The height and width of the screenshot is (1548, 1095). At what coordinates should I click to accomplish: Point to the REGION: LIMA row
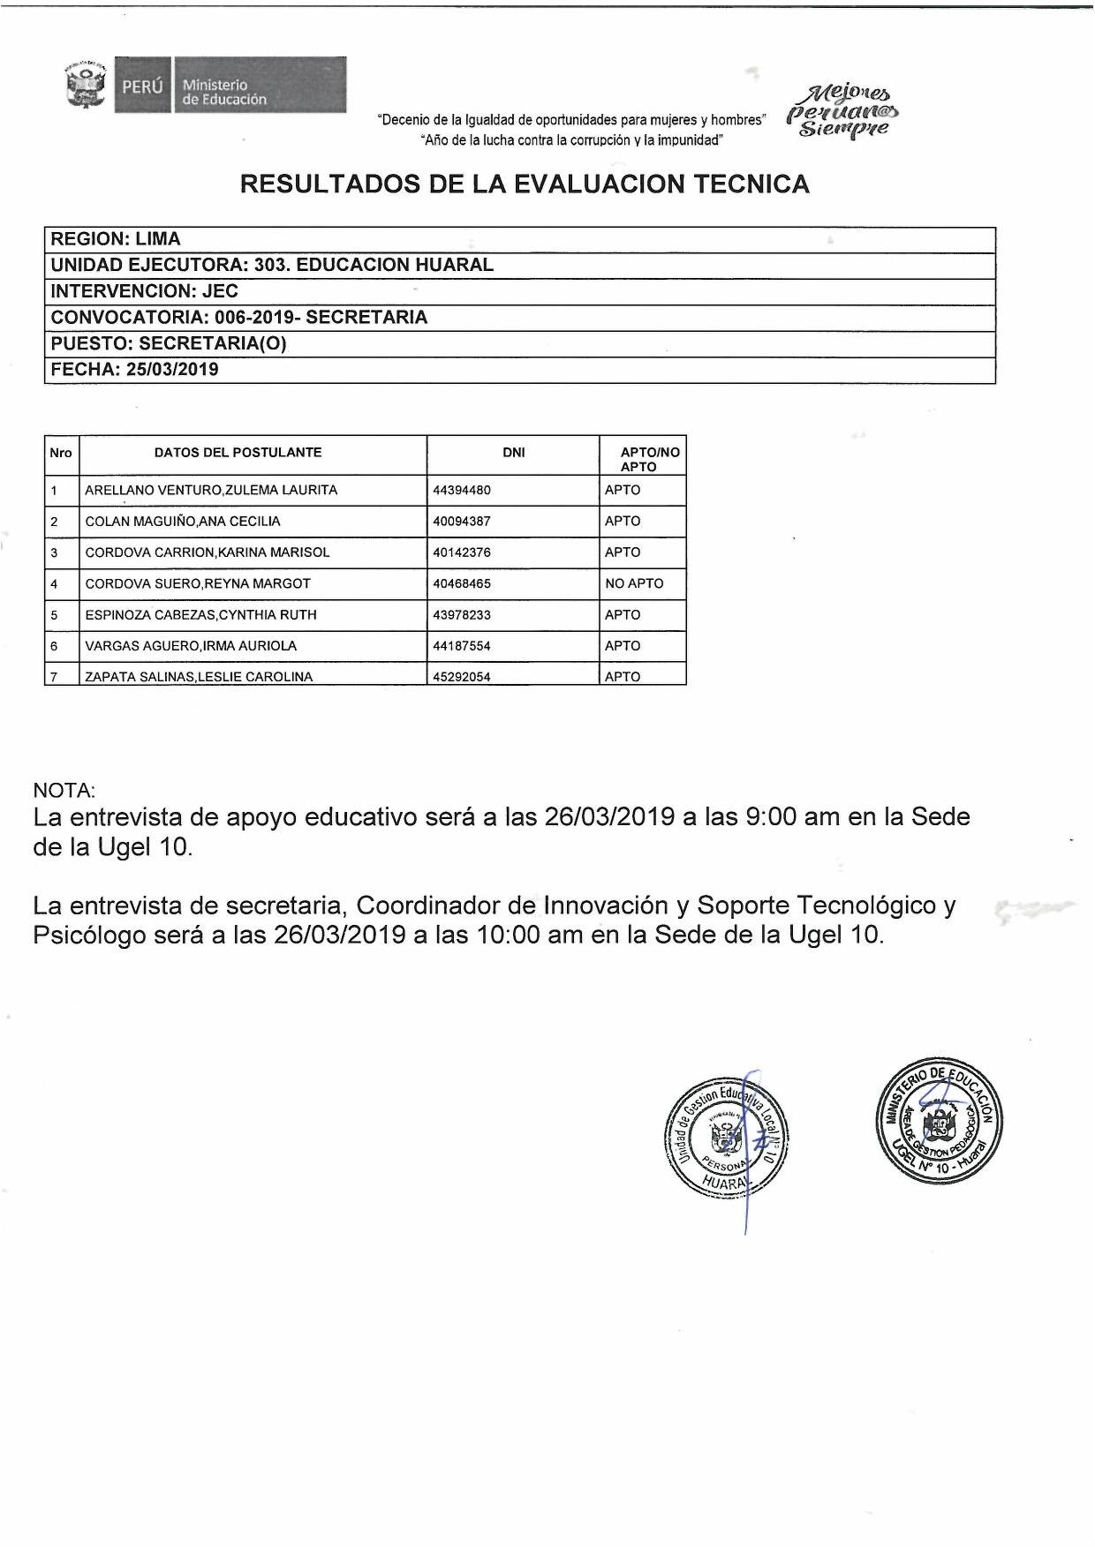click(116, 239)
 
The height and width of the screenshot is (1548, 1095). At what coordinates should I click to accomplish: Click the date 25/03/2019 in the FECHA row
click(172, 370)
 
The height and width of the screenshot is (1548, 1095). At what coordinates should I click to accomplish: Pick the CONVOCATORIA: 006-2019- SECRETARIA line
click(239, 318)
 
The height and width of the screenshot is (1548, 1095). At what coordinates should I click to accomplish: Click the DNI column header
click(513, 453)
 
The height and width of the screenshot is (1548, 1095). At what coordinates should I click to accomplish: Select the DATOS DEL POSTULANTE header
click(238, 453)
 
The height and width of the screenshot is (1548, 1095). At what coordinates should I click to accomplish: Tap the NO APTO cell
click(634, 583)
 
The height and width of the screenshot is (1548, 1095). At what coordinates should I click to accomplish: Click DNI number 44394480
click(462, 490)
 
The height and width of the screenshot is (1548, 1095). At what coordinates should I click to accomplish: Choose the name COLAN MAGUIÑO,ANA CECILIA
click(183, 522)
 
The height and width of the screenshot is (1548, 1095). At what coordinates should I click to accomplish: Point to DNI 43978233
click(462, 615)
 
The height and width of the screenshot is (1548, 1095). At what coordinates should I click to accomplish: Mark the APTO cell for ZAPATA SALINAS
click(623, 677)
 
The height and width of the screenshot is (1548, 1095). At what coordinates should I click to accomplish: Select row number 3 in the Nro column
click(54, 552)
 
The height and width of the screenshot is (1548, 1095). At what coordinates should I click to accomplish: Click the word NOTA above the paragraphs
click(64, 790)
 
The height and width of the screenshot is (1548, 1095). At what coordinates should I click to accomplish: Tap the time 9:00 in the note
click(772, 817)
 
